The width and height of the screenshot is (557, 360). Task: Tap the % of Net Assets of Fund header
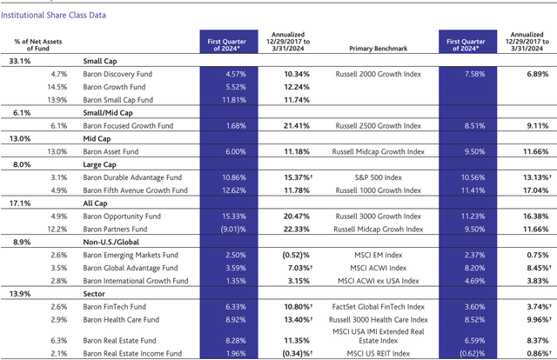point(34,45)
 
